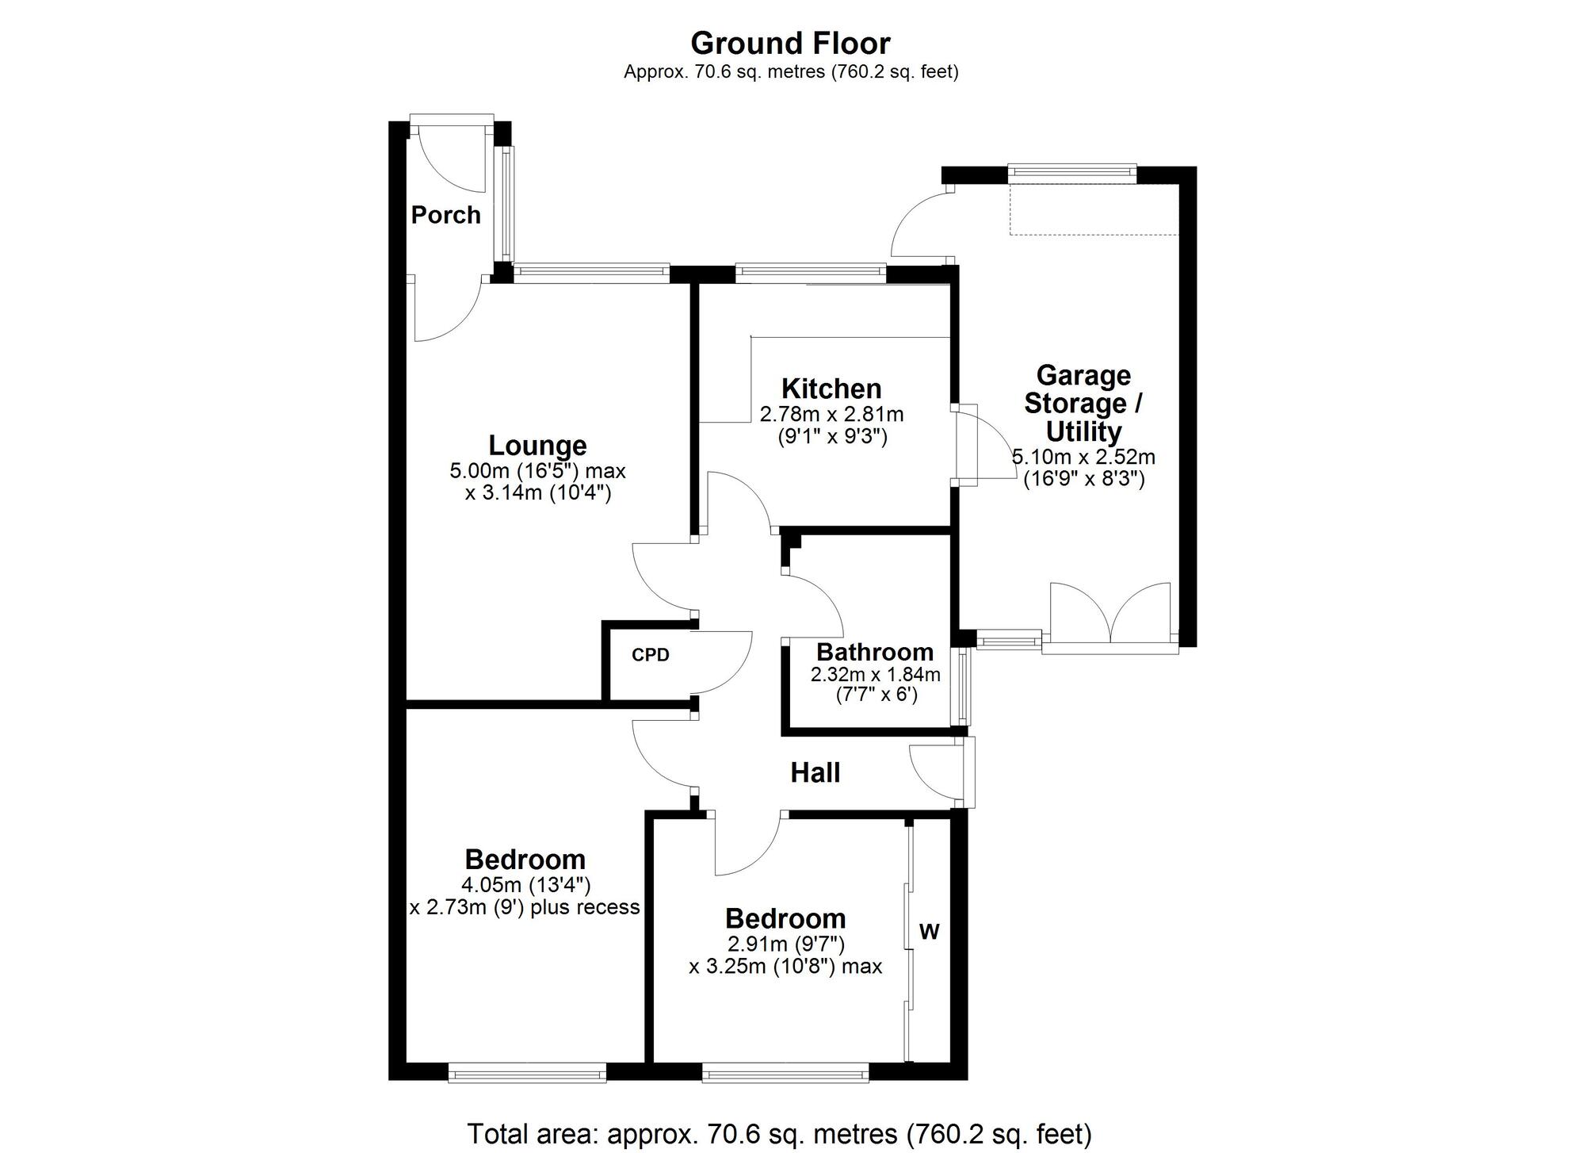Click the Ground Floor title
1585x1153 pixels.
(790, 43)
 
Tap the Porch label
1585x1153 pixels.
(445, 215)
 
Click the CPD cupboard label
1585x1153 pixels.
(651, 655)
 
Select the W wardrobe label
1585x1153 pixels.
(929, 932)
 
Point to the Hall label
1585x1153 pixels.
(815, 772)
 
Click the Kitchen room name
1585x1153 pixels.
(831, 389)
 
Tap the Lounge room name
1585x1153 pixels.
(537, 446)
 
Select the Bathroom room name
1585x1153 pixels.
(875, 652)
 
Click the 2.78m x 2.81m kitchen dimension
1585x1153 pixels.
(831, 414)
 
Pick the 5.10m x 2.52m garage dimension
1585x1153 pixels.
(1083, 457)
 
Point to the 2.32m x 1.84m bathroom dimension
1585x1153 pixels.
(875, 675)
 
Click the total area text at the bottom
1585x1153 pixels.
(779, 1133)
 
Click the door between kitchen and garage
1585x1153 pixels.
(983, 445)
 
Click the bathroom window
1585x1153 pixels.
(964, 687)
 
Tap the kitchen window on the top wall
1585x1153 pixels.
(810, 272)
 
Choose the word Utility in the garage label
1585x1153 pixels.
(1083, 432)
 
